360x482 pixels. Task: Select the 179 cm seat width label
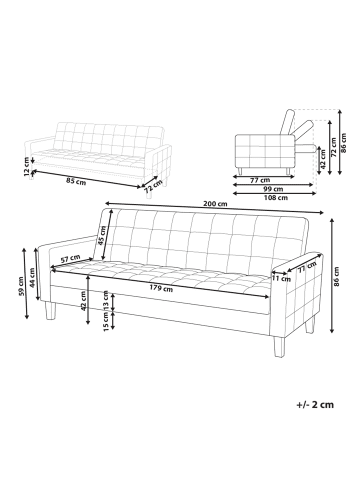point(161,288)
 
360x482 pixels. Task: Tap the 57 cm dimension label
point(70,258)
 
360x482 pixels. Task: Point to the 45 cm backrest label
point(102,235)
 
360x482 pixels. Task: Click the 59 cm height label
point(21,286)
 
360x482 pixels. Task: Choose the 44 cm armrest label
point(32,278)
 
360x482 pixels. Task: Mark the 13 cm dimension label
point(106,300)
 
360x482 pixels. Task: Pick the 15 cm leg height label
point(106,322)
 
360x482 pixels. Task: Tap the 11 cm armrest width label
point(282,278)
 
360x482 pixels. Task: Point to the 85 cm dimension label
point(76,182)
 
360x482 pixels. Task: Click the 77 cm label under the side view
point(260,180)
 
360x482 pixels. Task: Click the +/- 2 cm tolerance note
point(315,405)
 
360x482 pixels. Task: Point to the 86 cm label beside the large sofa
point(337,276)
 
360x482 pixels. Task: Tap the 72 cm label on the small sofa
point(153,187)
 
